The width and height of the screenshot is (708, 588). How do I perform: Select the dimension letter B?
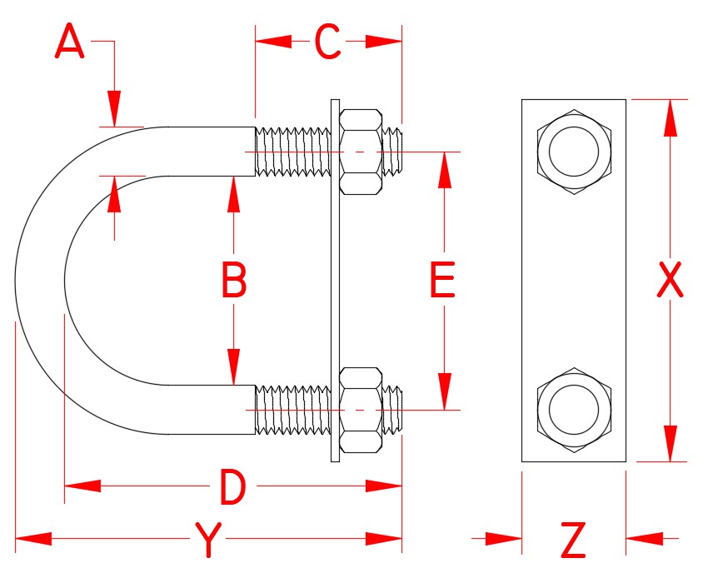point(234,281)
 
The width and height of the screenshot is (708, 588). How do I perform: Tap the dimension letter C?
point(328,42)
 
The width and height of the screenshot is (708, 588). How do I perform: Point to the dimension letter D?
point(232,487)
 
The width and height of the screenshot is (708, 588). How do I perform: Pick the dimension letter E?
point(442,281)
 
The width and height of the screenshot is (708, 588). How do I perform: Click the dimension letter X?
point(670,281)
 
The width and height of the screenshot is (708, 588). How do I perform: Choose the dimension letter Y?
point(209,540)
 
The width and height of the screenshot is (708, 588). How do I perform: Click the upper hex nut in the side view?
point(361,151)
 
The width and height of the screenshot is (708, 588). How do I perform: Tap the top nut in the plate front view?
point(573,151)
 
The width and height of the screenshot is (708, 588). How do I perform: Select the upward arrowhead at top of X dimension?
point(670,117)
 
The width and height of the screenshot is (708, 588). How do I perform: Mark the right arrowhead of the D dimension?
point(384,486)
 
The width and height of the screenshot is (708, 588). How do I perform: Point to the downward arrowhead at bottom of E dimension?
point(446,391)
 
